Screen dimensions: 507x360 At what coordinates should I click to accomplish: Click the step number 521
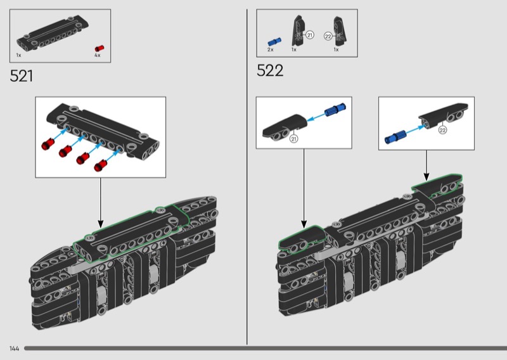22,76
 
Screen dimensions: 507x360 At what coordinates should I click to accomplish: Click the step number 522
270,70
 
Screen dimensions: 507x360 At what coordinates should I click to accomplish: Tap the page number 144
14,349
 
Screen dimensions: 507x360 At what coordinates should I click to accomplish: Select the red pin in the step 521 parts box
99,49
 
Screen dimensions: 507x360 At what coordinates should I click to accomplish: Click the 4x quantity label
98,55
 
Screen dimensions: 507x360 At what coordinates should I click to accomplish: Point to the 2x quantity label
271,49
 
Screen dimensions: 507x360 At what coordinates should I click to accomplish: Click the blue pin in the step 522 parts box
274,41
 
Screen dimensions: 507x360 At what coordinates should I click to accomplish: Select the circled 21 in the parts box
309,35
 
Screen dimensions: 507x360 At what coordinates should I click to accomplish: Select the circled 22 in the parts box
328,36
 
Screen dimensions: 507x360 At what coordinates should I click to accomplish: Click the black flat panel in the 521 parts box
53,33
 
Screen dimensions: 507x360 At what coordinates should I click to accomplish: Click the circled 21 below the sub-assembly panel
293,139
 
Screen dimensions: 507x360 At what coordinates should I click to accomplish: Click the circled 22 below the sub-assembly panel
442,130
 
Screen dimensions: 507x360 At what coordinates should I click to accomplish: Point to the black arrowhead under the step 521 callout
101,224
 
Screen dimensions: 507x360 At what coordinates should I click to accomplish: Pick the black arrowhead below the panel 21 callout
304,224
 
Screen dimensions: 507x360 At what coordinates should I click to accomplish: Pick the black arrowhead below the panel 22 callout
426,177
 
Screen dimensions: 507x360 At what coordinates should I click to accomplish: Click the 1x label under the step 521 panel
18,55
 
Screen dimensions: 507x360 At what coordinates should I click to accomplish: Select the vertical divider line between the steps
247,177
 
